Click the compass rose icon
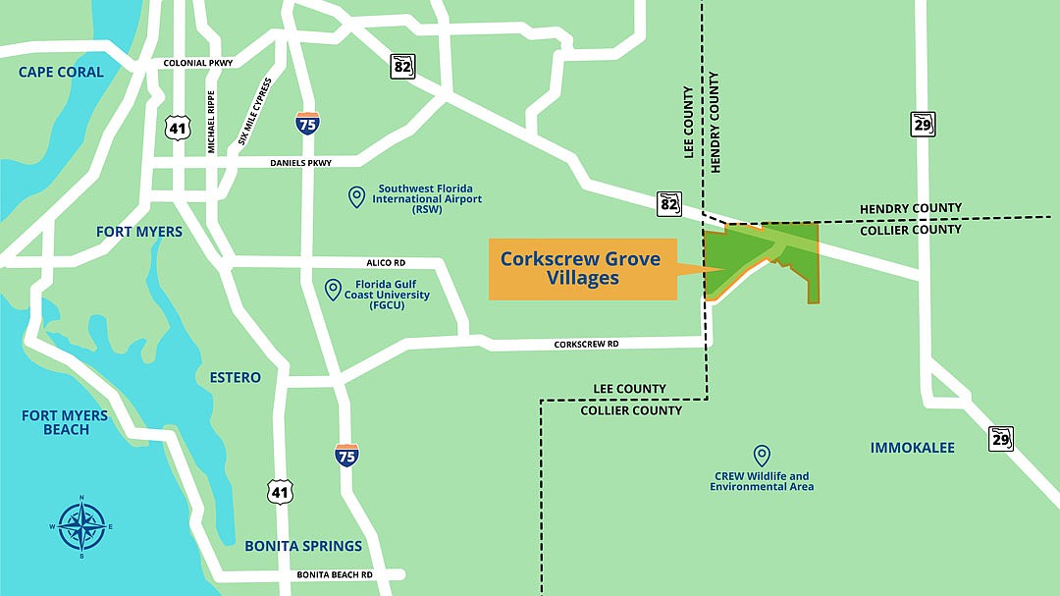[81, 526]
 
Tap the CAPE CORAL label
[61, 72]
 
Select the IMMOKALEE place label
[912, 448]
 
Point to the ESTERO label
[236, 377]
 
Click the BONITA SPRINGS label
[303, 546]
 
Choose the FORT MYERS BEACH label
[65, 422]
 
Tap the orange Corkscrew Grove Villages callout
[583, 269]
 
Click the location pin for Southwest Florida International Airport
[357, 197]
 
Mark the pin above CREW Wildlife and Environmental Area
[761, 456]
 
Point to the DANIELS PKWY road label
[301, 163]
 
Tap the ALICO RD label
[384, 263]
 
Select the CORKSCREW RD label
[586, 345]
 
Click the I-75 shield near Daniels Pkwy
[307, 123]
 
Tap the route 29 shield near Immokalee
[1000, 438]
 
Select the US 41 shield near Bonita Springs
[280, 492]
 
